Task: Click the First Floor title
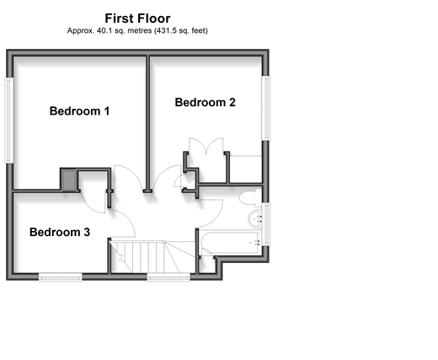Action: [137, 19]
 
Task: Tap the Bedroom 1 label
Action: [79, 111]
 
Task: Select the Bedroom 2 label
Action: [206, 102]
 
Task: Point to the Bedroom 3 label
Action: [60, 232]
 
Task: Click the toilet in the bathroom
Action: [250, 197]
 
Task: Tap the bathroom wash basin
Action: [255, 218]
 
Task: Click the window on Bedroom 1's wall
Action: [9, 121]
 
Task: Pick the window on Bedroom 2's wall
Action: [266, 108]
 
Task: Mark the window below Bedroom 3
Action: [61, 277]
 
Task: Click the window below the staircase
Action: [168, 277]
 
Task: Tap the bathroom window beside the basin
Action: [266, 224]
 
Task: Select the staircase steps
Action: [152, 257]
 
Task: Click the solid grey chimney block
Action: [68, 180]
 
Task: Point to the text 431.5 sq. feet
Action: [181, 30]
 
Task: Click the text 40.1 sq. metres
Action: [124, 30]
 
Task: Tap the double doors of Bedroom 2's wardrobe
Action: [206, 146]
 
